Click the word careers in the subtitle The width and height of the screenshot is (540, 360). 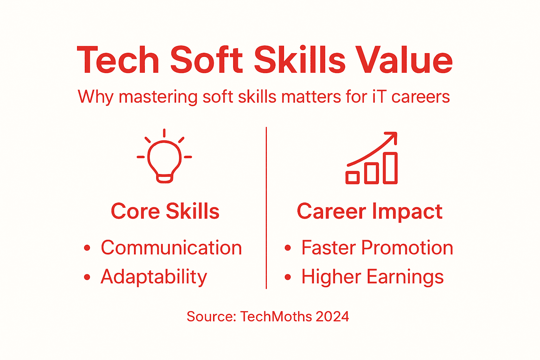(420, 97)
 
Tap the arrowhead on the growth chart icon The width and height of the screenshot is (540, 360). (392, 136)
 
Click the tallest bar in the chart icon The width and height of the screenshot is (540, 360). (390, 168)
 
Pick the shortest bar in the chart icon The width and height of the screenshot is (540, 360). (352, 178)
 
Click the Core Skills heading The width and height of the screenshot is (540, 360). (165, 211)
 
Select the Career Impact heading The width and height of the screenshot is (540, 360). (369, 211)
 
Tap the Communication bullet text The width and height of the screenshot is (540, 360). (171, 248)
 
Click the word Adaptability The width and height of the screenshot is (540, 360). (154, 277)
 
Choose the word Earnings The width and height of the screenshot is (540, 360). (405, 277)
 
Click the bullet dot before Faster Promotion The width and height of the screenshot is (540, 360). (288, 248)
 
